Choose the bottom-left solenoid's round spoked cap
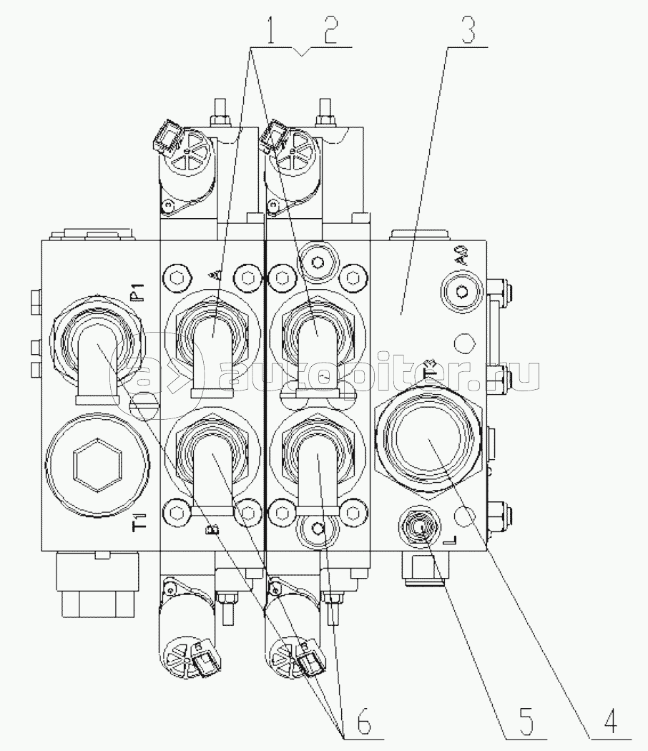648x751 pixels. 180,653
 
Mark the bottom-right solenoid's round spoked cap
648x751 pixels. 285,653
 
